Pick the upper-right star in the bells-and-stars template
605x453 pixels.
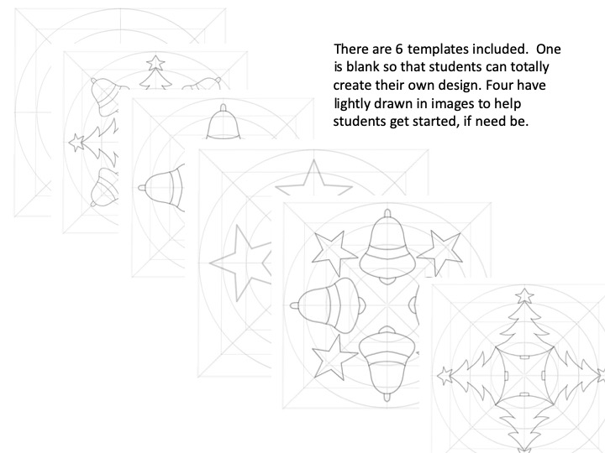(x=437, y=248)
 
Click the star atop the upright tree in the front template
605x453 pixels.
(x=525, y=294)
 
